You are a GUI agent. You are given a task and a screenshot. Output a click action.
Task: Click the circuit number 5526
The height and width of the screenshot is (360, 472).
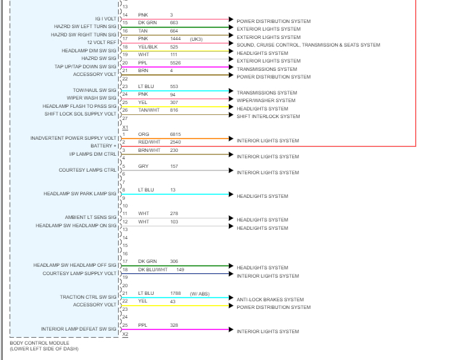point(175,63)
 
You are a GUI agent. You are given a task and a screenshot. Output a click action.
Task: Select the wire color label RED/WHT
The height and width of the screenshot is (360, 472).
point(149,142)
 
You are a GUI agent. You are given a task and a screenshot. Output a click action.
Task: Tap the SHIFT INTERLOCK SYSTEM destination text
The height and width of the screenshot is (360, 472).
point(268,117)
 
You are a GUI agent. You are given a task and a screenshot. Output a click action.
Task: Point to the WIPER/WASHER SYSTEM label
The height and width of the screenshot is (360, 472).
point(266,101)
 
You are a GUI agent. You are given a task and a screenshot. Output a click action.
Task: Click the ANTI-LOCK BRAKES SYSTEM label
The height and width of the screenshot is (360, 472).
point(270,299)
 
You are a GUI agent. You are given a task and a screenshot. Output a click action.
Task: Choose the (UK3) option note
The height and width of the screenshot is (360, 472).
point(196,39)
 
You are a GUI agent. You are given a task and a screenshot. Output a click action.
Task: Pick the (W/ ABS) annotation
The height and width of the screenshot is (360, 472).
point(199,294)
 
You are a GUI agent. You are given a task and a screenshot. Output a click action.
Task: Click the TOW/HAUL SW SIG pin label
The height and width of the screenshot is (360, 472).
point(95,91)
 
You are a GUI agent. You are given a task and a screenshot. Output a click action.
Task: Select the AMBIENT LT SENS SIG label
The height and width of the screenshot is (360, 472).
point(91,218)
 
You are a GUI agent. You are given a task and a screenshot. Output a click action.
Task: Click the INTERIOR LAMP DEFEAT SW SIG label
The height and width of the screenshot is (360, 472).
point(79,329)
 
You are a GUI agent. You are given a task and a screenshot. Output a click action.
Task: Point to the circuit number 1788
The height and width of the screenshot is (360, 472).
point(175,294)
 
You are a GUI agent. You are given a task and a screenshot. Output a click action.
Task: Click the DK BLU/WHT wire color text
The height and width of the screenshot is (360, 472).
point(152,269)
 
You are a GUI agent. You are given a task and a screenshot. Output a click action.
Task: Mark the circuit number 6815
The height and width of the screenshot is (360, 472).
point(175,134)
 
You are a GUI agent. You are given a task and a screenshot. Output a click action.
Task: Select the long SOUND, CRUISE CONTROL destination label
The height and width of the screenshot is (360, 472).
point(308,45)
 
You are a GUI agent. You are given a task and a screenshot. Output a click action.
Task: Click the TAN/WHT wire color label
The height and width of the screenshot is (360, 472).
point(149,110)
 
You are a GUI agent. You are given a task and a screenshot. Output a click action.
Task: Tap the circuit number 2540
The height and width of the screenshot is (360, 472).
point(175,142)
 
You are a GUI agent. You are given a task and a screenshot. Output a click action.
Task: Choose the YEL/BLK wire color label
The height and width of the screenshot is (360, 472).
point(148,47)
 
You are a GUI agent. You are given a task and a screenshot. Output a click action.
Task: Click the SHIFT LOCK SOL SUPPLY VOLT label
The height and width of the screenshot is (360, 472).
point(80,114)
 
